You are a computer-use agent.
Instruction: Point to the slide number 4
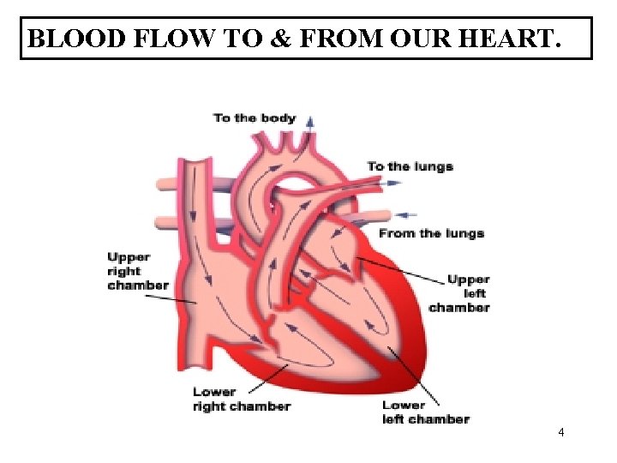560,432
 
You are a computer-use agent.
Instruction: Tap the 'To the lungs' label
410,166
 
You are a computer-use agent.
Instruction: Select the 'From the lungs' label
431,233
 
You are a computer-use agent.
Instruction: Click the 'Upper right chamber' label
137,271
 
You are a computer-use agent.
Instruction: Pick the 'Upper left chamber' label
460,293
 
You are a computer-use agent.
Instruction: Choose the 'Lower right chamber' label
241,400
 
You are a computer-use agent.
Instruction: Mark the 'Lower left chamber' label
425,412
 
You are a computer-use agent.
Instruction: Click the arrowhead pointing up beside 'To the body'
310,119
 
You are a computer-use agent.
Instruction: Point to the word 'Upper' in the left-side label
129,257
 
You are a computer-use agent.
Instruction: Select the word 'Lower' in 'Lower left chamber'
404,406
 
